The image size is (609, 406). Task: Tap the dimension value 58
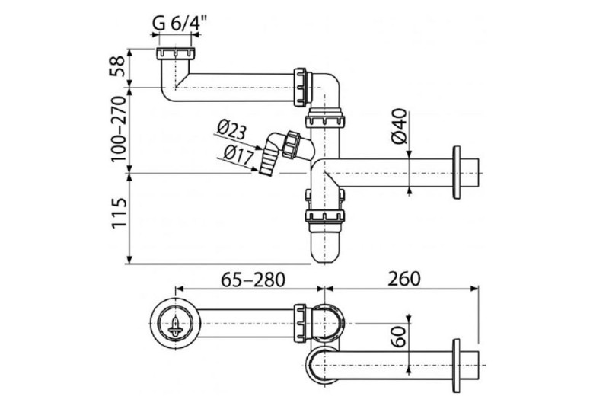pos(118,66)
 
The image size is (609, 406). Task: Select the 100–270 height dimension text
pos(119,129)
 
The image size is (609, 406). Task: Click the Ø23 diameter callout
pos(231,130)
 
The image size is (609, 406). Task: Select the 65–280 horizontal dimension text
pos(253,279)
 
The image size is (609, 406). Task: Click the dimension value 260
pos(404,279)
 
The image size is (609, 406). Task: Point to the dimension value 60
pos(398,337)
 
